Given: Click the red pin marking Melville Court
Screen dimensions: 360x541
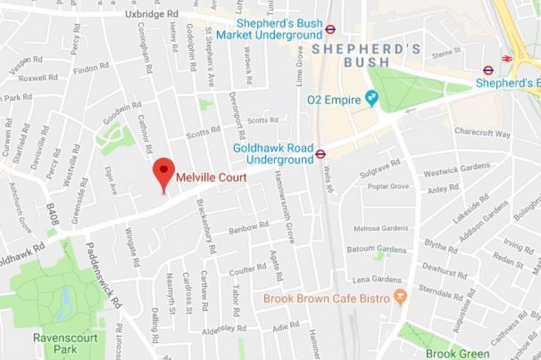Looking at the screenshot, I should [164, 170].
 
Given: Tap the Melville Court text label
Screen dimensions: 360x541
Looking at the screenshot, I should [211, 178].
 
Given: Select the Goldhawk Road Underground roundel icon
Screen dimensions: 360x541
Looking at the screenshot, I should [320, 153].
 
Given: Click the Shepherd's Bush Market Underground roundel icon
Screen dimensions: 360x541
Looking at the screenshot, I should [330, 29].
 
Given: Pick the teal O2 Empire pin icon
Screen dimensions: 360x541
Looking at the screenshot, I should [371, 98].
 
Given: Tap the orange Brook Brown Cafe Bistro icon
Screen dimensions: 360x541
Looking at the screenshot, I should [400, 297].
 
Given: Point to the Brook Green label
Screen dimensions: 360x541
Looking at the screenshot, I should [457, 354].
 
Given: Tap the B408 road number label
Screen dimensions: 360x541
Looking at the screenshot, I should [53, 215].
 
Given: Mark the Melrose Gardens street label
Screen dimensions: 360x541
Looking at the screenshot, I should [381, 228].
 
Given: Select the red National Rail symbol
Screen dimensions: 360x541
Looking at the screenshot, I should [507, 59].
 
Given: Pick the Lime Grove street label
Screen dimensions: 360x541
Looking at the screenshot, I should [300, 66].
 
